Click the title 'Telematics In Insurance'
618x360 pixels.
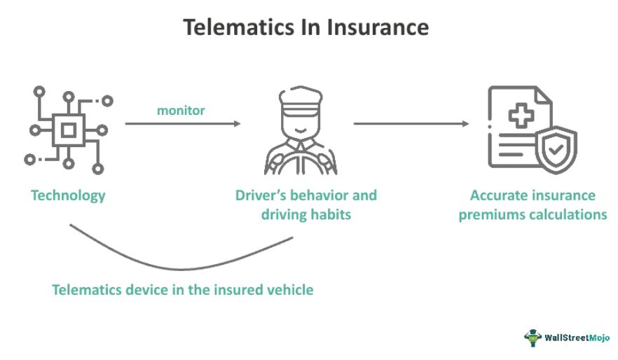305,27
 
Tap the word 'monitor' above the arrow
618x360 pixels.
181,111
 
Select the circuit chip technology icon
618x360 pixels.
68,130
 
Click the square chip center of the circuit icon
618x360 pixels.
68,130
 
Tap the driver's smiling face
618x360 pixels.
302,126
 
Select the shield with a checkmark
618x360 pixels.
556,150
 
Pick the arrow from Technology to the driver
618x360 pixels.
182,124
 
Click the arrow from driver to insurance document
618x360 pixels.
411,124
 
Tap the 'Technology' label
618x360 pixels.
68,195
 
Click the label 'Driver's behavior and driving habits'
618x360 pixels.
305,205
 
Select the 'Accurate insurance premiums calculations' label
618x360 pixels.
533,205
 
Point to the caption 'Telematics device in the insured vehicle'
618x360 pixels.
182,289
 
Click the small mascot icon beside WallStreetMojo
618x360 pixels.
533,338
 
